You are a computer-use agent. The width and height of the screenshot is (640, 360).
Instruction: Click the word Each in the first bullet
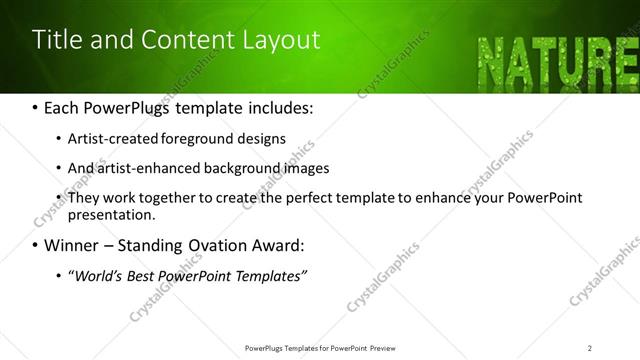coord(64,107)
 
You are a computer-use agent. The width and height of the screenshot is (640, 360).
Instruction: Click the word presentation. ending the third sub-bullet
coord(111,214)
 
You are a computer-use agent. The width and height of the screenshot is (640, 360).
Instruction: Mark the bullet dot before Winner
coord(36,245)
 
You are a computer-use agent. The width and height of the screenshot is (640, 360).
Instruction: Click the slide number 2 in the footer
coord(590,347)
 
